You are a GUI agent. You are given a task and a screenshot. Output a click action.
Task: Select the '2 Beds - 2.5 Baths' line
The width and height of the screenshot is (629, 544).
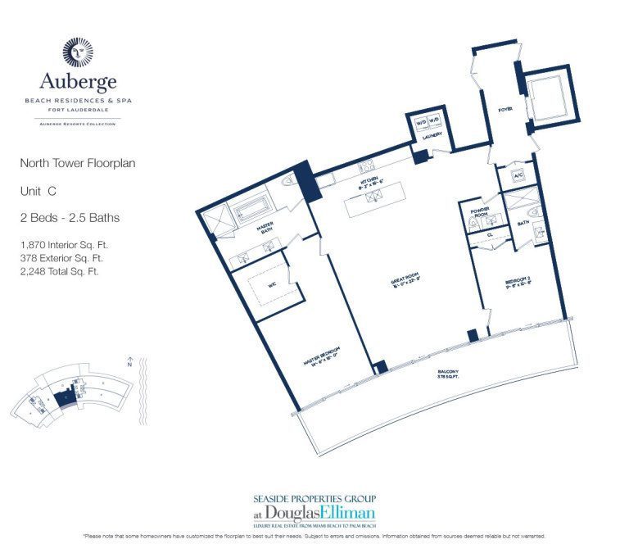(60, 217)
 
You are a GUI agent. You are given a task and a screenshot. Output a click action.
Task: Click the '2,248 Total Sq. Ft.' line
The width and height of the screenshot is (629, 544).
(60, 270)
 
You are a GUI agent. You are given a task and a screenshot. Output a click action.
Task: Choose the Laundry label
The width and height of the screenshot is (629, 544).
(433, 134)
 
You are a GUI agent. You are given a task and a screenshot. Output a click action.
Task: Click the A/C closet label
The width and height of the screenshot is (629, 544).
(518, 175)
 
